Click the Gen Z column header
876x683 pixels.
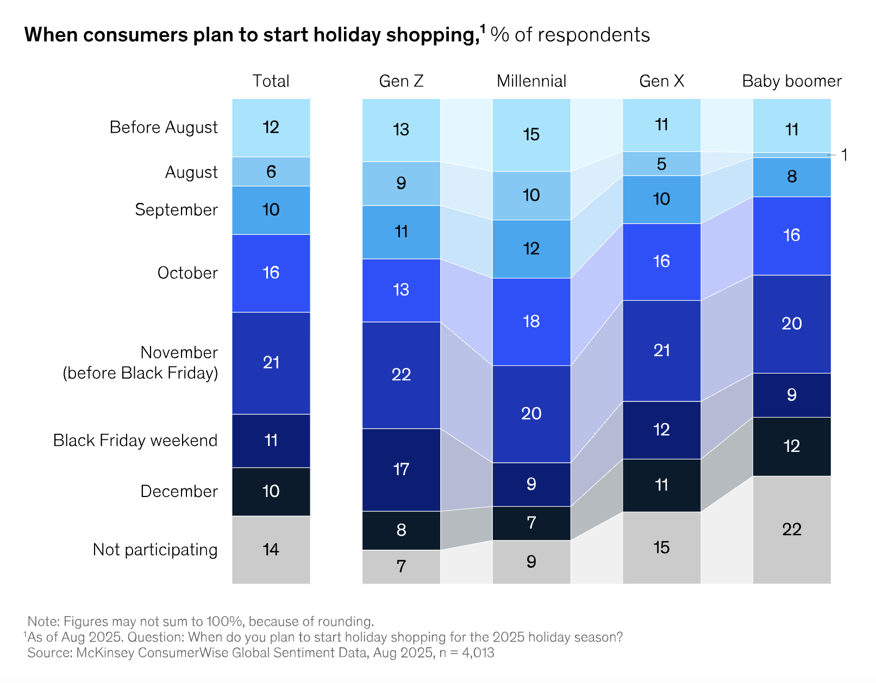click(401, 81)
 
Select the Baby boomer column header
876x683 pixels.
click(791, 81)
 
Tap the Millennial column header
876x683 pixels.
click(531, 81)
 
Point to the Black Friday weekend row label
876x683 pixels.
click(135, 440)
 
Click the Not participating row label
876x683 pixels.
click(155, 549)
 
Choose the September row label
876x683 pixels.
click(176, 209)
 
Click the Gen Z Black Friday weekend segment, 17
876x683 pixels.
click(401, 469)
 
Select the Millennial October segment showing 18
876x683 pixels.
click(531, 321)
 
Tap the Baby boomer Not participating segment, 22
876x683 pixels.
click(791, 529)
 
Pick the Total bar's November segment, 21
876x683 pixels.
click(271, 363)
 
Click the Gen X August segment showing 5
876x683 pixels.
click(661, 164)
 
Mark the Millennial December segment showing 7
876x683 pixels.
click(531, 523)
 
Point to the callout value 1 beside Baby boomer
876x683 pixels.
click(844, 155)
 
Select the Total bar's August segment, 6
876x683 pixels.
click(271, 172)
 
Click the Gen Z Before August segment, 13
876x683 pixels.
click(401, 129)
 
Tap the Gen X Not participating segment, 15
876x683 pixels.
click(661, 547)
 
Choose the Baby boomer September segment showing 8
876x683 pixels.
click(791, 176)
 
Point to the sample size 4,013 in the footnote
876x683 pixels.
click(478, 653)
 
